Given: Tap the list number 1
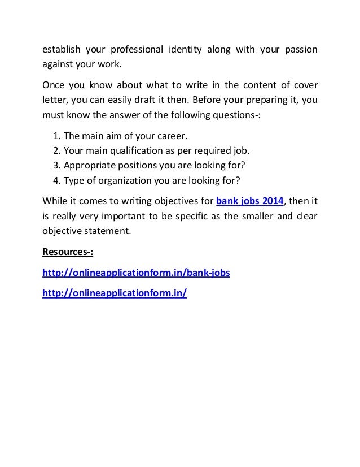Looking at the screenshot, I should click(x=55, y=136).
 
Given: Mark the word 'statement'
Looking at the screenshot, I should click(x=103, y=230).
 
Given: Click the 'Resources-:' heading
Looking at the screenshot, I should click(x=65, y=252).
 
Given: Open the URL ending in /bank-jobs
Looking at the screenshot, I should click(x=136, y=273).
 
